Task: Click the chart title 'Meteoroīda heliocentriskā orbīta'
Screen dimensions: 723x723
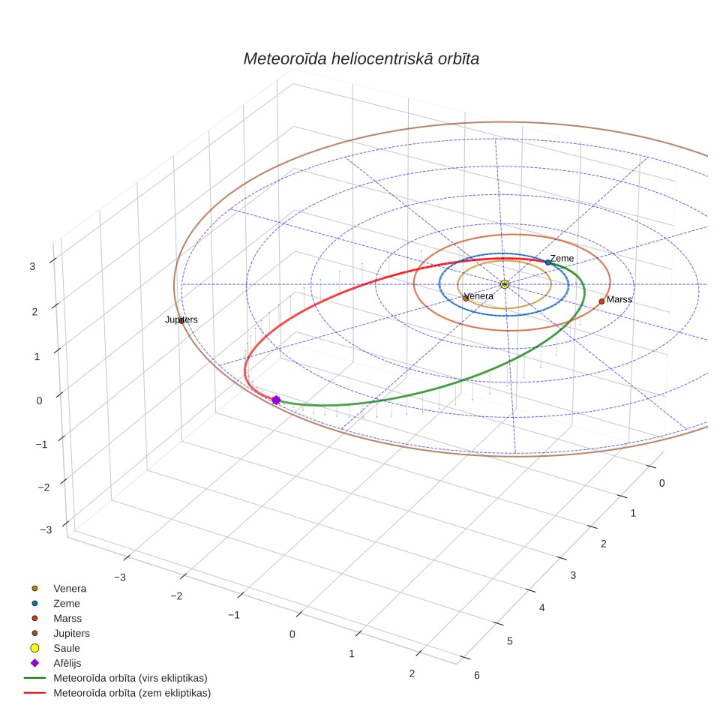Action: pyautogui.click(x=361, y=58)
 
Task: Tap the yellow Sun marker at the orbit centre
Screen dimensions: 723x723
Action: pyautogui.click(x=505, y=284)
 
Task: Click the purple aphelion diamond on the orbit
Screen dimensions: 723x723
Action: pyautogui.click(x=276, y=400)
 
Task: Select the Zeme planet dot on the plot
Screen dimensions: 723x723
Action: pyautogui.click(x=547, y=262)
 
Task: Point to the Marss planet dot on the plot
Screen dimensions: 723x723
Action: pyautogui.click(x=601, y=301)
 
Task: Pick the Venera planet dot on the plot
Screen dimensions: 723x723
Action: pyautogui.click(x=466, y=298)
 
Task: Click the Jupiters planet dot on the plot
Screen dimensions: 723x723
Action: pyautogui.click(x=181, y=320)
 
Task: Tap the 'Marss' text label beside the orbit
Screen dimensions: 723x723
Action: pyautogui.click(x=619, y=300)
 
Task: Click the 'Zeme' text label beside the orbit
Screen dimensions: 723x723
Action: pyautogui.click(x=562, y=259)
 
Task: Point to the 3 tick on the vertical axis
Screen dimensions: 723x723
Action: pyautogui.click(x=32, y=266)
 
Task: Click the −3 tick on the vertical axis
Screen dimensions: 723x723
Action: pyautogui.click(x=46, y=529)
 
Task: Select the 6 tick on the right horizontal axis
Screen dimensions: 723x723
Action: pyautogui.click(x=477, y=676)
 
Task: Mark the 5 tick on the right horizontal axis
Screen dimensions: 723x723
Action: pyautogui.click(x=510, y=641)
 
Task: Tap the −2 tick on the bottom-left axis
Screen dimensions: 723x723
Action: pyautogui.click(x=176, y=596)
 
